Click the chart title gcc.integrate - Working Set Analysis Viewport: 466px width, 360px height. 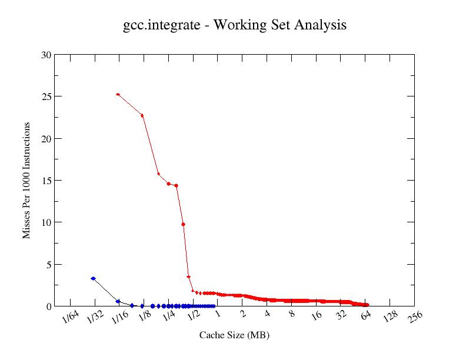pos(234,25)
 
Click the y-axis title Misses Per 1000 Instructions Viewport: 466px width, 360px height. pos(26,181)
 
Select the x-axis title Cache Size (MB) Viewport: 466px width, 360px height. pos(234,335)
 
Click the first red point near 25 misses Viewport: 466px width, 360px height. pos(118,94)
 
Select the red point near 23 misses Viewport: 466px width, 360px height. pos(142,115)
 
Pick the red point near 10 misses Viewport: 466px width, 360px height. pos(184,224)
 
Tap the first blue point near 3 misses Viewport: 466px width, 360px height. pos(93,278)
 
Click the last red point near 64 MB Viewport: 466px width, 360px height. pos(367,305)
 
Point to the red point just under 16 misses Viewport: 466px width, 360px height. pos(158,174)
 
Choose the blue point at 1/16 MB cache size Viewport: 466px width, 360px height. pos(118,301)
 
